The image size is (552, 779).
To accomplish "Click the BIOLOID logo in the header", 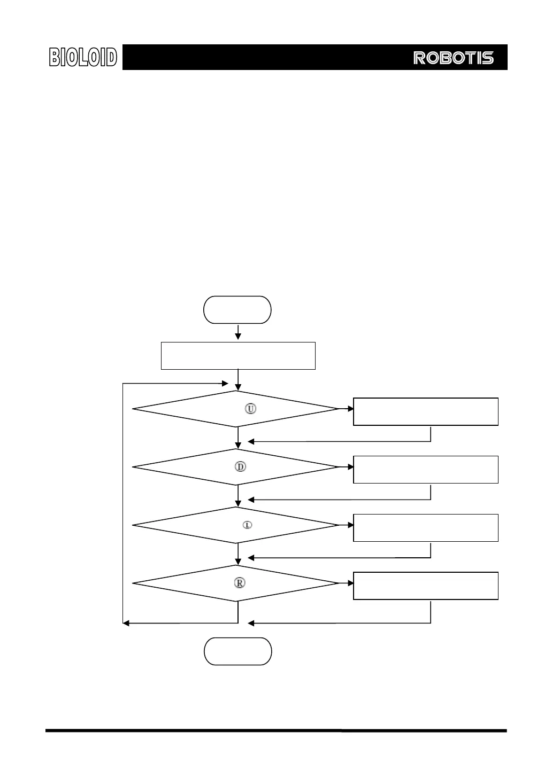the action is coord(83,57).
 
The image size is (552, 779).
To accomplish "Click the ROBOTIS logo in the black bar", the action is coord(453,58).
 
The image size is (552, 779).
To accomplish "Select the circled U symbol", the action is coord(250,409).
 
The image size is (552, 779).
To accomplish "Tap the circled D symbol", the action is coord(241,466).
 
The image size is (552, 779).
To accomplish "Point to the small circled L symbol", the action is coord(248,525).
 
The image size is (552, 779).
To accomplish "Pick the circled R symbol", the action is coord(240,583).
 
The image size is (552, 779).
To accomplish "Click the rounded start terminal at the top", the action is coord(237,310).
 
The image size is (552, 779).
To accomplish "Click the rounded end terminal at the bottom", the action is coord(238,651).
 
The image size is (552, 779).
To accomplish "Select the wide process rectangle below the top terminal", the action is coord(238,356).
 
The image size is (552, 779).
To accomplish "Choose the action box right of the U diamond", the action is coord(426,411).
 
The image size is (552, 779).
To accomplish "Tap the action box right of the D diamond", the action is coord(426,470).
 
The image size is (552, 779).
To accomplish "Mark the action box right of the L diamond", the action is coord(426,528).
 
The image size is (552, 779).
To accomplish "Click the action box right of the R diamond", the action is coord(426,586).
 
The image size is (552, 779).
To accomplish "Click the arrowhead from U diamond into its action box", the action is coord(350,409).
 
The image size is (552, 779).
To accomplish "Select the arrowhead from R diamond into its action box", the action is coord(350,583).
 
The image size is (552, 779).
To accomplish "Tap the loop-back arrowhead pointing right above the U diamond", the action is coord(226,383).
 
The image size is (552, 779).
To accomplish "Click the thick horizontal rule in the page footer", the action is coord(276,730).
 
